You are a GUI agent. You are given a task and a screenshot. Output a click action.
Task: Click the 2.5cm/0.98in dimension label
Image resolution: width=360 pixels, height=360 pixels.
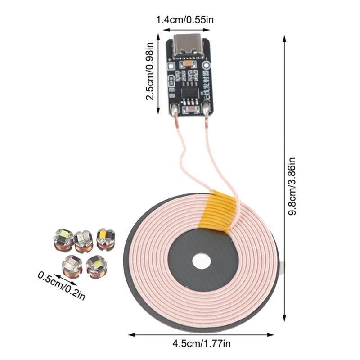point(150,72)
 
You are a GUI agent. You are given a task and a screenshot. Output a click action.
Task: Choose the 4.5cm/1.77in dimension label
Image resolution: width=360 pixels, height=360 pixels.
point(201,344)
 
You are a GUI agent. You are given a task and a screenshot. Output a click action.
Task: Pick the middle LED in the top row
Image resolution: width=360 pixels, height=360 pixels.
point(84,240)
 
